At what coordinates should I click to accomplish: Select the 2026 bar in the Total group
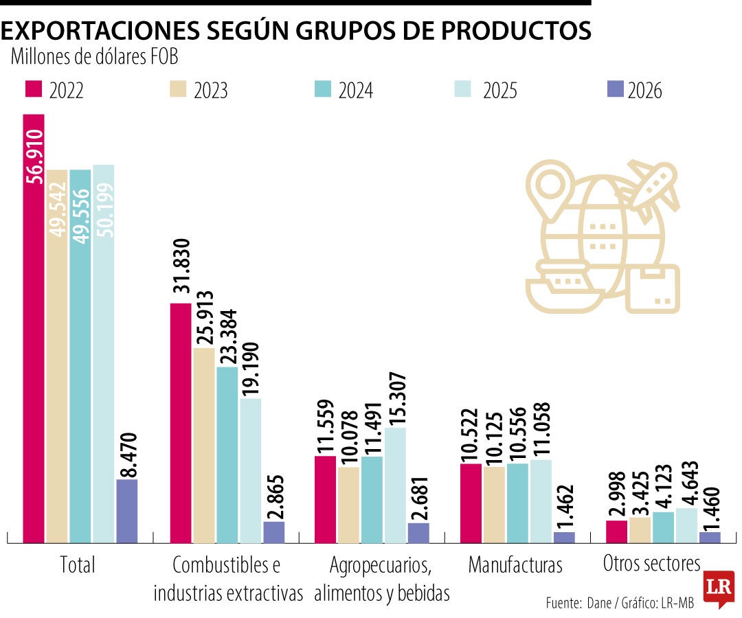point(127,511)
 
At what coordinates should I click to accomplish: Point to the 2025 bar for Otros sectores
point(686,525)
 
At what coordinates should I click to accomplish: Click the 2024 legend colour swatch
point(320,89)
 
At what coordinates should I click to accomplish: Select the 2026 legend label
point(644,91)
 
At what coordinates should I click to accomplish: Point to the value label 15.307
point(396,398)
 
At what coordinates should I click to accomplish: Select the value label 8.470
point(128,453)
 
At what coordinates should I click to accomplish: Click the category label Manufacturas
point(515,565)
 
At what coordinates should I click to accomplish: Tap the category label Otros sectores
point(651,564)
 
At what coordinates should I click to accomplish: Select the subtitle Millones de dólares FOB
point(95,57)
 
